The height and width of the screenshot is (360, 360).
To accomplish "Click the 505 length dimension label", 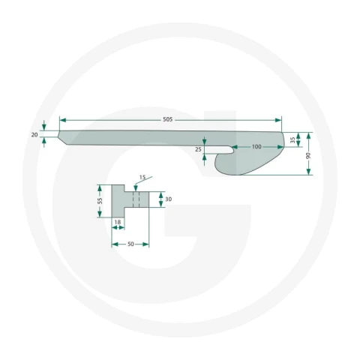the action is tap(168, 119).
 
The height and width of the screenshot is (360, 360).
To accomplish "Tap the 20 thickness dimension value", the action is tap(34, 135).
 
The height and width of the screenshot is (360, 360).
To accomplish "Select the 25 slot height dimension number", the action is tap(198, 149).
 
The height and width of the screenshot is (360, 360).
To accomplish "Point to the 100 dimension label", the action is tap(256, 146).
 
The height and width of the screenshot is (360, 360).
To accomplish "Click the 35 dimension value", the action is tap(293, 140).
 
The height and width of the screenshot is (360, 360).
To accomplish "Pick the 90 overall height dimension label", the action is tap(308, 155).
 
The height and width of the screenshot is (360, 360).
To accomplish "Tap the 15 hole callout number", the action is tap(142, 177).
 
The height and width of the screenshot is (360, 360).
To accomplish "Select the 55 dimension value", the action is tap(100, 201).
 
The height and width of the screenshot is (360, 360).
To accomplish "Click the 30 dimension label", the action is tap(169, 199).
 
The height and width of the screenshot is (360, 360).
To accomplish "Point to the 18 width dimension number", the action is tap(118, 222).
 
